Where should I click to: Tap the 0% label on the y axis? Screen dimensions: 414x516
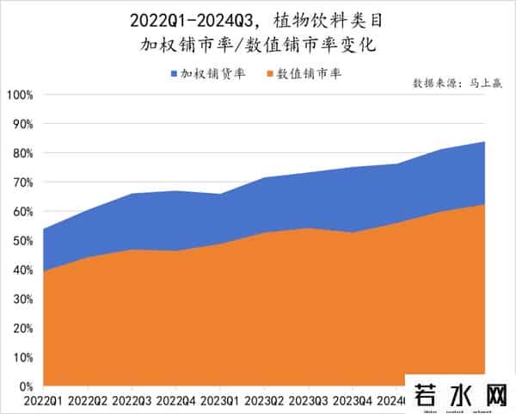(23, 386)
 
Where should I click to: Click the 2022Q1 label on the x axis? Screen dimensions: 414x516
(42, 402)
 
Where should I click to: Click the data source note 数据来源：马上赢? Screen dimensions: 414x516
(457, 84)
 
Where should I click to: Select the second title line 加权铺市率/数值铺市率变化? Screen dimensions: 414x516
(259, 43)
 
